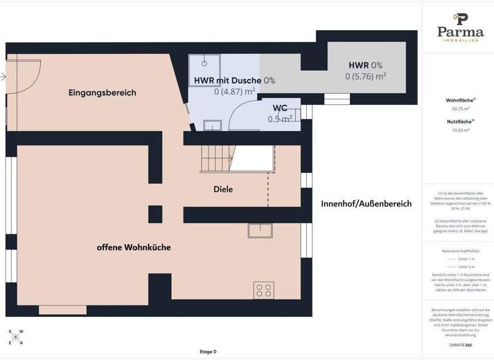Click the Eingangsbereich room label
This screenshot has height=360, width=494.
102,93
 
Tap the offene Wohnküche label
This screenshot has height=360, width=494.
134,247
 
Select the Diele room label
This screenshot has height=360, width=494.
223,189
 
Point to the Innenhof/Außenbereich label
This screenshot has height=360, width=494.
366,204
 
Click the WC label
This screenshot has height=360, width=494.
280,108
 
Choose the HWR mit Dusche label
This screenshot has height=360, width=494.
228,80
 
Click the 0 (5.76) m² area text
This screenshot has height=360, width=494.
365,76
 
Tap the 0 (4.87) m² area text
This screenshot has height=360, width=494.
235,91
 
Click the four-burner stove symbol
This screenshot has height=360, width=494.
264,290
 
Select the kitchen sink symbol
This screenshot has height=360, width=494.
261,230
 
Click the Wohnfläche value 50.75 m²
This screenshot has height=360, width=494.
461,109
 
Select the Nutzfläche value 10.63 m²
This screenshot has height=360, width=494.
461,129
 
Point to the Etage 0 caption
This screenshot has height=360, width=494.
208,352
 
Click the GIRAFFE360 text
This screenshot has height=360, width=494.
461,345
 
